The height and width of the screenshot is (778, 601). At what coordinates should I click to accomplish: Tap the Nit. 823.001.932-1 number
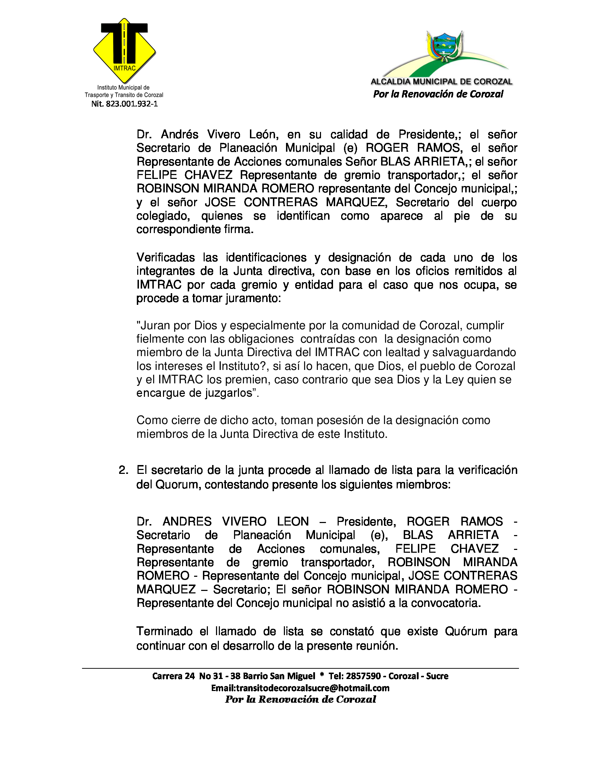coord(124,104)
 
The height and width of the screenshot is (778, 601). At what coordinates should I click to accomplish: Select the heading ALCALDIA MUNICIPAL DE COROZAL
coord(442,82)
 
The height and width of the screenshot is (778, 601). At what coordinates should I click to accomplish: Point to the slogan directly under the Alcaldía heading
coord(438,94)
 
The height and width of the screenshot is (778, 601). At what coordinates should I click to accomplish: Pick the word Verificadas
coord(165,257)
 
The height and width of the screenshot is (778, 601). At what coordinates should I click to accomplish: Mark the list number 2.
coord(123,470)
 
